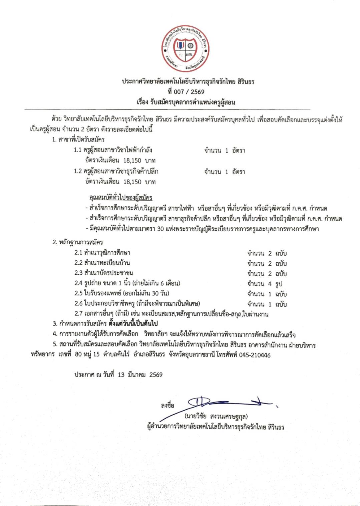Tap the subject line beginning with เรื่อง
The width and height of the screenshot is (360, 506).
pos(186,102)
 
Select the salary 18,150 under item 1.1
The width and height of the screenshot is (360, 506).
pos(132,161)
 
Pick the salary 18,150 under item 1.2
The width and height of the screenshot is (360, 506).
pos(132,182)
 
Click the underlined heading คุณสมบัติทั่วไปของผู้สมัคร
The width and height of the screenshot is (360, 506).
pos(121,198)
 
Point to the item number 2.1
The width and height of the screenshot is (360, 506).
pos(78,253)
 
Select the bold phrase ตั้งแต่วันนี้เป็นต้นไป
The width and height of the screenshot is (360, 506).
pos(133,323)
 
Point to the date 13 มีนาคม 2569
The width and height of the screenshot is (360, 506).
pos(140,375)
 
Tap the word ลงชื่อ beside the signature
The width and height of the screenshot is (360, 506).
pos(167,406)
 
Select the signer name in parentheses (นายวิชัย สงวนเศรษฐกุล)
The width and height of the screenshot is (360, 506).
pos(216,416)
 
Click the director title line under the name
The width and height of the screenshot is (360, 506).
pos(216,427)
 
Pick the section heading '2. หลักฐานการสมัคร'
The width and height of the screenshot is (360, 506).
pos(78,242)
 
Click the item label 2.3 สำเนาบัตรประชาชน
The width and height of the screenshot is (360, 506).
pos(104,273)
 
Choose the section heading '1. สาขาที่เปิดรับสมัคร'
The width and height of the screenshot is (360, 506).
pos(78,140)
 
